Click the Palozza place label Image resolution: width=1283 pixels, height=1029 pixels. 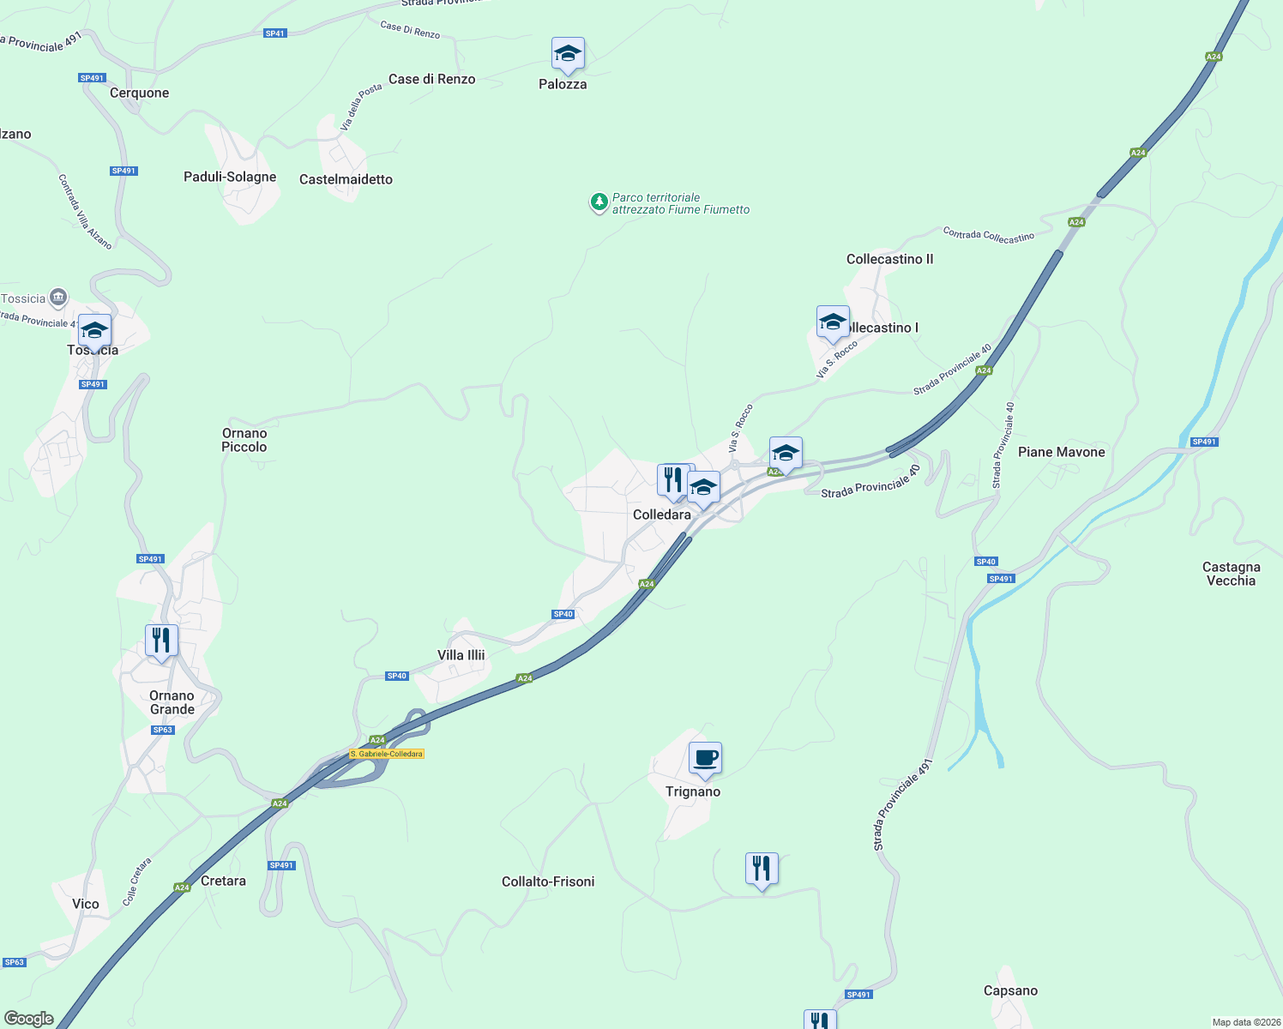563,84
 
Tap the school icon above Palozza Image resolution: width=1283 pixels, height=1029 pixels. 568,55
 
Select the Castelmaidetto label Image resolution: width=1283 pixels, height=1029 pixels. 346,179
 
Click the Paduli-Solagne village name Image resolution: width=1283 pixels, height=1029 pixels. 230,177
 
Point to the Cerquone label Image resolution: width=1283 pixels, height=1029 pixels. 140,93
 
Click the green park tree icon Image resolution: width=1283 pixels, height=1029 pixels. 599,202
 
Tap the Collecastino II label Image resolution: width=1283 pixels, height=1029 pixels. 889,259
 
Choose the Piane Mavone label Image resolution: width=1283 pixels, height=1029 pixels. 1061,452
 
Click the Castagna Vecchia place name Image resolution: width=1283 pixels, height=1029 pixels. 1231,574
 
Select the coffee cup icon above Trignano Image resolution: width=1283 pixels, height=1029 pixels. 705,759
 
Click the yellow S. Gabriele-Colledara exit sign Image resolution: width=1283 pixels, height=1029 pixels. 387,754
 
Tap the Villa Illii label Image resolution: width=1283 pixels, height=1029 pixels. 461,655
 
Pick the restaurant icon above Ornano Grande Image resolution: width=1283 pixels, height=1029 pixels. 161,641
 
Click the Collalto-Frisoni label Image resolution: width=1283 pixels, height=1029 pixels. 548,882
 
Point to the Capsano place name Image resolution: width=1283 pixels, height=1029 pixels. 1010,990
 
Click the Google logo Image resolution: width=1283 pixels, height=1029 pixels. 29,1019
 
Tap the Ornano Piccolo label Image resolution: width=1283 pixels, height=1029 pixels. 244,440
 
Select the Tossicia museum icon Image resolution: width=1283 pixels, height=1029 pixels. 58,298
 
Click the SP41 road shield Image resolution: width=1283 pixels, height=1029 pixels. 274,33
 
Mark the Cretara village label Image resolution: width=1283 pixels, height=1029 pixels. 223,881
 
